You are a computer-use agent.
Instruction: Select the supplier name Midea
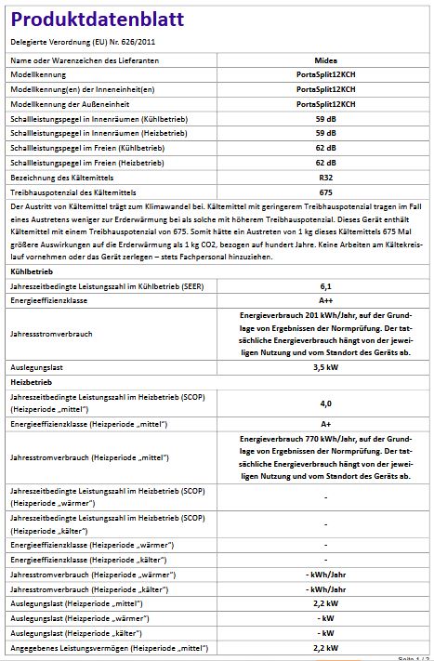[325, 58]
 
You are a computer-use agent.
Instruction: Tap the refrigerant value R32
[325, 177]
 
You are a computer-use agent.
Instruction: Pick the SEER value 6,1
[325, 287]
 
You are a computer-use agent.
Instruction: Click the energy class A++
[325, 302]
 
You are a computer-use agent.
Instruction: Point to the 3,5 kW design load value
[325, 367]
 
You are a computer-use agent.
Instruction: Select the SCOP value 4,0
[325, 403]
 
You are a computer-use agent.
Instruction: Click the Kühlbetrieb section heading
[33, 272]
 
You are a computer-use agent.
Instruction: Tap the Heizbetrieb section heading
[32, 382]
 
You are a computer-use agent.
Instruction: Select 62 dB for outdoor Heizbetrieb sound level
[325, 162]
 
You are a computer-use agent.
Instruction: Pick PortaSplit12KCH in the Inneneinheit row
[325, 88]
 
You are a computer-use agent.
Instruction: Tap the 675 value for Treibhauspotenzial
[325, 192]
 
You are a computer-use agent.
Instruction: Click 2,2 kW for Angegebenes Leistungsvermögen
[325, 647]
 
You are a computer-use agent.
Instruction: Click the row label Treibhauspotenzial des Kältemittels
[67, 192]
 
